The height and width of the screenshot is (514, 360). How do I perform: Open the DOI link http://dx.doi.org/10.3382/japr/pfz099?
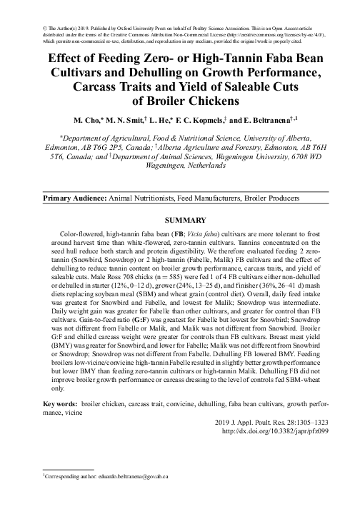276,430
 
